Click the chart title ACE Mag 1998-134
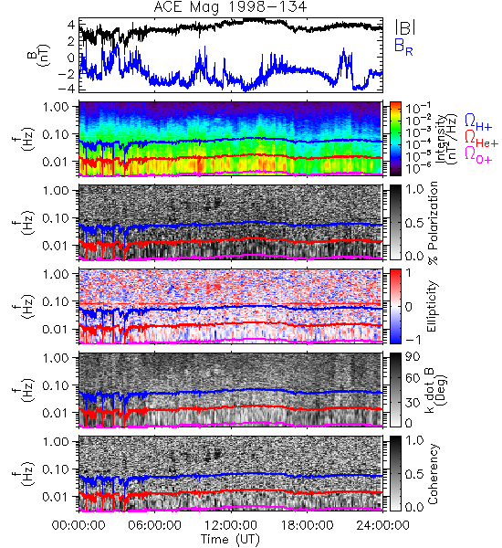(230, 6)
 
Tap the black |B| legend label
(404, 27)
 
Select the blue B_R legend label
(403, 47)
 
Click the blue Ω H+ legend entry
(478, 121)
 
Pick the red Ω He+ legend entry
(481, 138)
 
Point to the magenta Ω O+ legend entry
(478, 154)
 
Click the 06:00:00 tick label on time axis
(154, 525)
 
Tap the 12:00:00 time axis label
(231, 525)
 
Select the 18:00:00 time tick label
(307, 525)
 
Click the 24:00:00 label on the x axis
(382, 525)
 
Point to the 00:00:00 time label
(78, 525)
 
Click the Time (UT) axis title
(230, 540)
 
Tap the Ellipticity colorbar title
(432, 306)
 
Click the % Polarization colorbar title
(433, 223)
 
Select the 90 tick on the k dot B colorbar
(413, 356)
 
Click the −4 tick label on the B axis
(67, 89)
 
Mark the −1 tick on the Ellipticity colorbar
(413, 340)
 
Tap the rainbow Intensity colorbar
(395, 139)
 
